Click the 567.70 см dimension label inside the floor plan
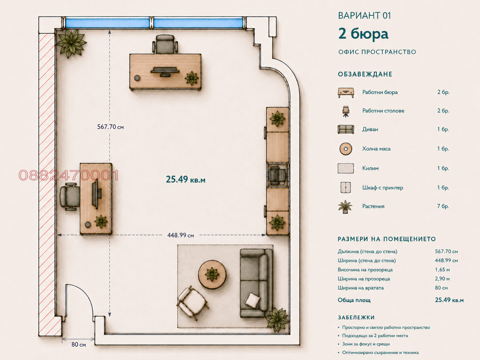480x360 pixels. pos(110,127)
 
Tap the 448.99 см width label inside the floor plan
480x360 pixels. pos(181,235)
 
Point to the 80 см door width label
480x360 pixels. pos(79,345)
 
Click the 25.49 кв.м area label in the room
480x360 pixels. pos(186,179)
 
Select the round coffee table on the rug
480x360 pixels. pos(212,274)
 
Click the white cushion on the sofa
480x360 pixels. pos(253,301)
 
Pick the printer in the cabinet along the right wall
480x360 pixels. pos(277,175)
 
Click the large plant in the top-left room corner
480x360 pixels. pos(71,43)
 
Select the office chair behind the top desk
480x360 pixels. pos(165,44)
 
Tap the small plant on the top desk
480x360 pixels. pos(192,78)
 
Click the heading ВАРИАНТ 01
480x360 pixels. pos(364,16)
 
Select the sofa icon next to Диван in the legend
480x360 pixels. pos(346,129)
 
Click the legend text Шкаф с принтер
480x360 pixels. pos(383,188)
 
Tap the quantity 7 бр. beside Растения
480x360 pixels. pos(443,206)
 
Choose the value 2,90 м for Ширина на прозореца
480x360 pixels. pos(442,279)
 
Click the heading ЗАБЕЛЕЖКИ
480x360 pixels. pos(356,317)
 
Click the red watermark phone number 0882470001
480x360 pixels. pos(68,175)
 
